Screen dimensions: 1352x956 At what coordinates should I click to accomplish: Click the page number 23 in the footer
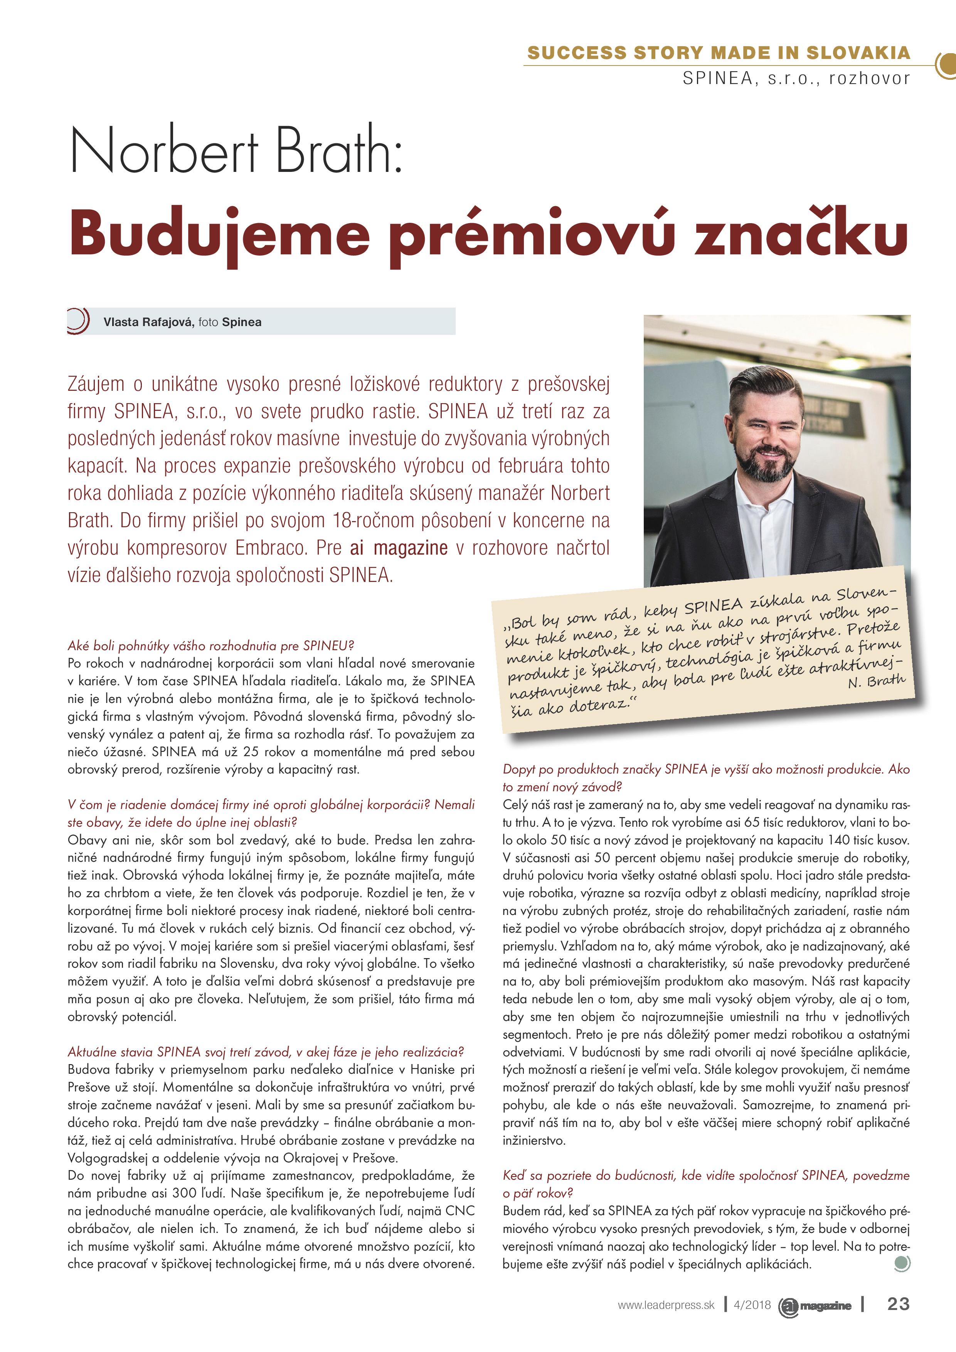898,1304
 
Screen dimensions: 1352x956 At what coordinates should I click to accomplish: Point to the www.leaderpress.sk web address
666,1305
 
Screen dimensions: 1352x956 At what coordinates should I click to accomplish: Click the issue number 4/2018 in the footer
752,1305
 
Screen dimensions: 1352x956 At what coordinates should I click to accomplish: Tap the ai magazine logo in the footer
816,1305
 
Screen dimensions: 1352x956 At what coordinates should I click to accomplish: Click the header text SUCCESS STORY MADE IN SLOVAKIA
719,53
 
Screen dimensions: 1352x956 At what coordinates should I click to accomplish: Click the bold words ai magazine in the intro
398,548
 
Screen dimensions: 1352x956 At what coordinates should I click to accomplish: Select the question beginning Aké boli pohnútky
211,646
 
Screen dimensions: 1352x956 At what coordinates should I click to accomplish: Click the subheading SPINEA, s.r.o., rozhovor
796,78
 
